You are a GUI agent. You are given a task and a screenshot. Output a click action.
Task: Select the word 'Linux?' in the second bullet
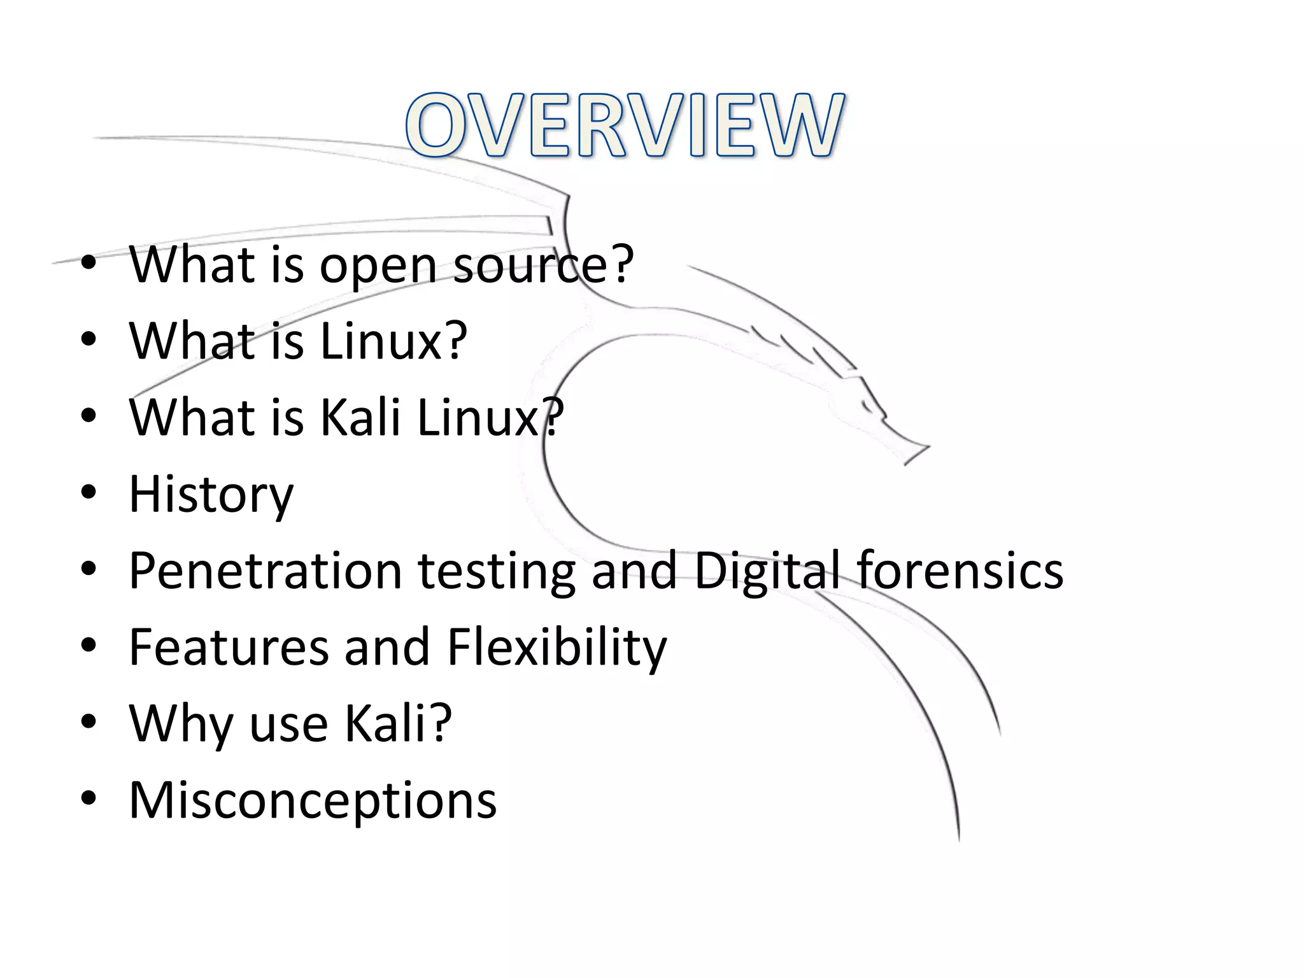coord(393,341)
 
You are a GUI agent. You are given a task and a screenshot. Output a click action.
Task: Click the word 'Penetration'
coord(266,570)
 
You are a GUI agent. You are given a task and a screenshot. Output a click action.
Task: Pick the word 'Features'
coord(228,647)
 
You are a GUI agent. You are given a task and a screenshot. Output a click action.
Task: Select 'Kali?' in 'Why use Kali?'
coord(398,723)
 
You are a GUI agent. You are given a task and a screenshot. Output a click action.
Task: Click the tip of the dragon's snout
coord(928,447)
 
